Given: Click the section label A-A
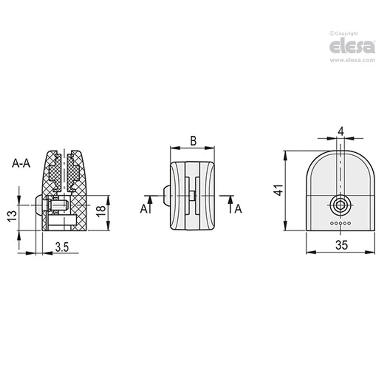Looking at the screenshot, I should (x=21, y=163).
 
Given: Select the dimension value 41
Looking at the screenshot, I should (x=279, y=190).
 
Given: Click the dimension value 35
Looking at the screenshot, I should (x=342, y=245).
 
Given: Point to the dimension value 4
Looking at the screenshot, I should (x=341, y=131).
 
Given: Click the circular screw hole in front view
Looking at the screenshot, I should (x=341, y=206).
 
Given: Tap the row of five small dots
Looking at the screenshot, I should (x=341, y=223).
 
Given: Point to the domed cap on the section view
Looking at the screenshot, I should (x=37, y=205).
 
